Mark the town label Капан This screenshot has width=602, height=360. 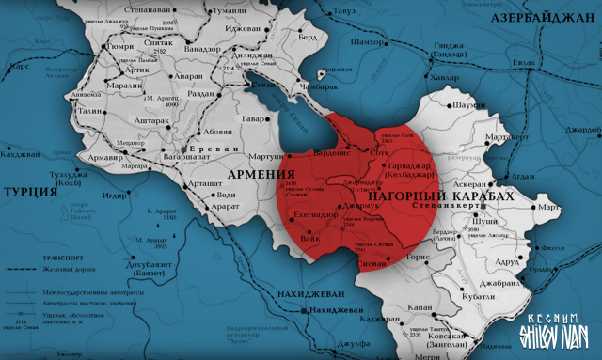point(421,305)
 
